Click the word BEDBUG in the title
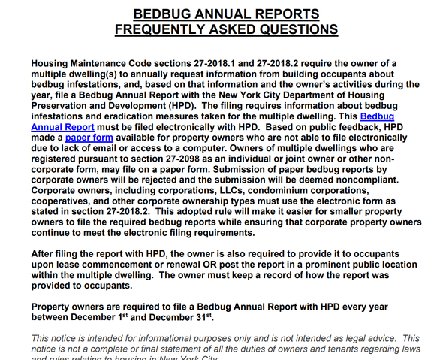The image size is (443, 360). click(x=163, y=14)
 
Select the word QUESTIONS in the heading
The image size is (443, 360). click(x=288, y=29)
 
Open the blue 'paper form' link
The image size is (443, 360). click(x=87, y=138)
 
